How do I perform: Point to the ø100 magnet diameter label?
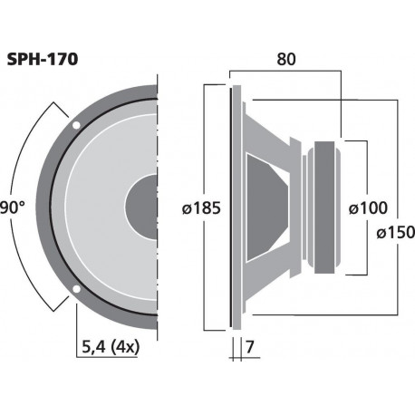[368, 207]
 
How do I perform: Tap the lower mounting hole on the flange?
[75, 291]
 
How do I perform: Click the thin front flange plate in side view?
[236, 207]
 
